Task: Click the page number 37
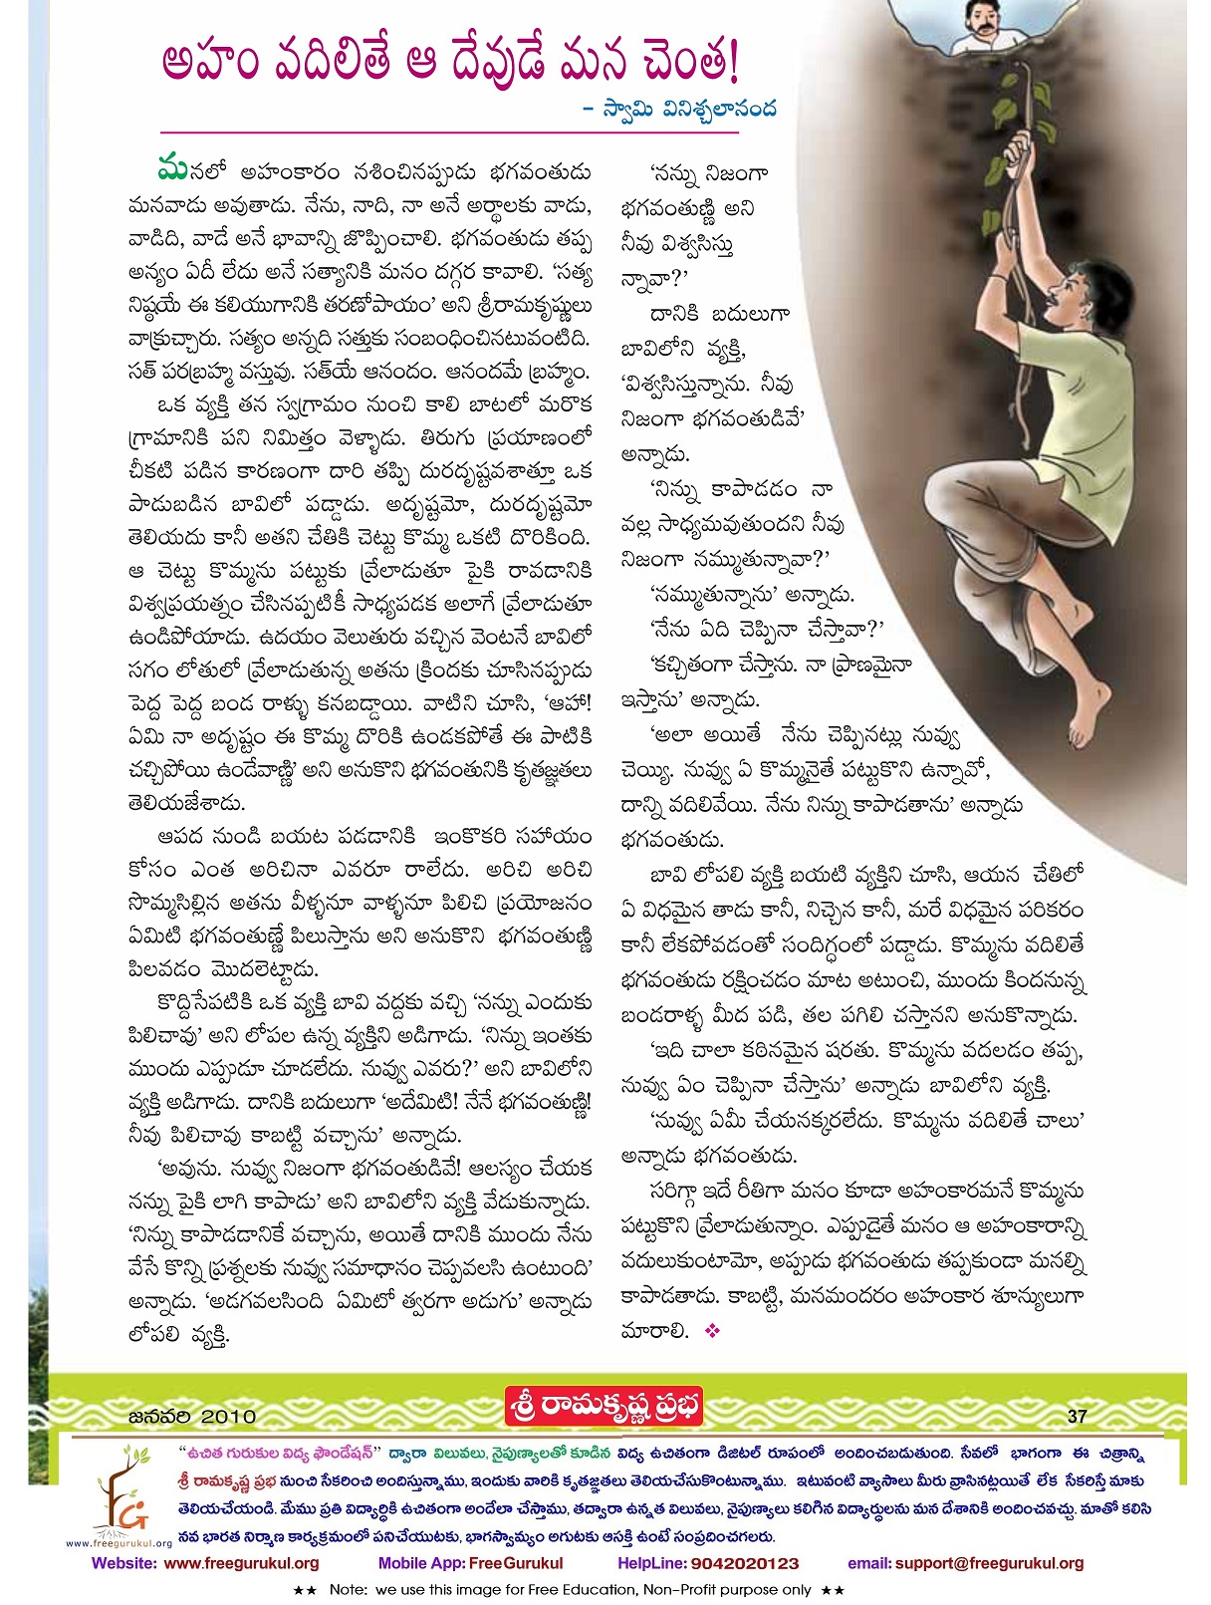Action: (x=1077, y=1416)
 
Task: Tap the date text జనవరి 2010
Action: (x=192, y=1416)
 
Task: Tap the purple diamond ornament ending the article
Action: (x=711, y=1330)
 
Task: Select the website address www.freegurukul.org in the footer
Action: (x=241, y=1563)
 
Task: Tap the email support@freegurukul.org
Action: (x=989, y=1563)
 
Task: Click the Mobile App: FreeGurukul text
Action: (x=470, y=1563)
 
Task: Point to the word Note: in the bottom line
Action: (x=350, y=1590)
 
